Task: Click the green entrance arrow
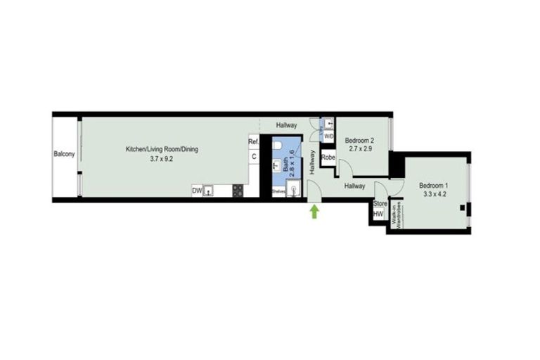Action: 314,210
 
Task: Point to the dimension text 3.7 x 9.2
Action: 161,159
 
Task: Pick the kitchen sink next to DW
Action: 207,191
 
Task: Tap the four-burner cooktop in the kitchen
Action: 237,191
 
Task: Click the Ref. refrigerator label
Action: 254,142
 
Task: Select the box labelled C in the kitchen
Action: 254,157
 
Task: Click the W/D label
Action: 328,136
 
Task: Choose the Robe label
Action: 328,157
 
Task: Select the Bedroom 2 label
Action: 364,140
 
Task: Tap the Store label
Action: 380,204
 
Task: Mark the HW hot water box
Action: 379,215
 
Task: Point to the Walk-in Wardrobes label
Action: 395,213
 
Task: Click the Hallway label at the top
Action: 286,125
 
